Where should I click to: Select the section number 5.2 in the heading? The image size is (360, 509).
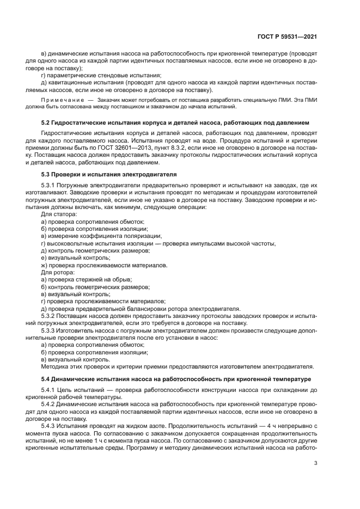tap(47, 123)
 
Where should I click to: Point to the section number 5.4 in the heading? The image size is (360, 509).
tap(47, 379)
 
